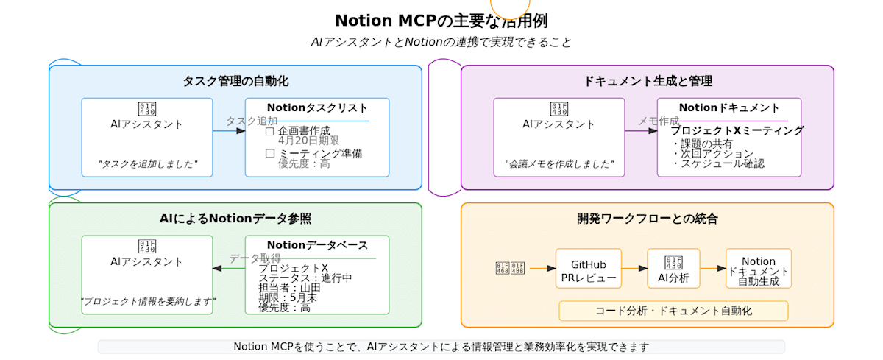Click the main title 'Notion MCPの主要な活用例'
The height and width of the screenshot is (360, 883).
coord(441,21)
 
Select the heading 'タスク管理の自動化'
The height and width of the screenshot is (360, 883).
coord(235,81)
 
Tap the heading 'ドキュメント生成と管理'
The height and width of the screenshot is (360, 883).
coord(648,81)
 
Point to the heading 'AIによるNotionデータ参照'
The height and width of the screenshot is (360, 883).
coord(235,219)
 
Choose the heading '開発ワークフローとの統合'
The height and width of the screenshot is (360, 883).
coord(648,219)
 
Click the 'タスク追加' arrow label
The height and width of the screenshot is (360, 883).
coord(252,121)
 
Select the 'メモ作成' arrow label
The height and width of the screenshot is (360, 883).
coord(659,121)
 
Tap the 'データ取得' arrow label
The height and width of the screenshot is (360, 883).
coord(255,258)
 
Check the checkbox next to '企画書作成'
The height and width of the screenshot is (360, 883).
coord(269,131)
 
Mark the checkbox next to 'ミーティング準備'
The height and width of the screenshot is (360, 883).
coord(269,154)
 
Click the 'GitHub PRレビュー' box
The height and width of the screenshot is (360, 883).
coord(588,269)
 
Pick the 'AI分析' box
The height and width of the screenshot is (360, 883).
coord(673,269)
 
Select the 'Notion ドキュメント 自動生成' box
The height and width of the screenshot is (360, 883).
coord(759,269)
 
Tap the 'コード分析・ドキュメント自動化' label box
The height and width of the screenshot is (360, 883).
coord(673,311)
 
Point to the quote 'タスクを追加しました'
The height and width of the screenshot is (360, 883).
coord(147,164)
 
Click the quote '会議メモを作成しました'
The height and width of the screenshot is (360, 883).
coord(559,164)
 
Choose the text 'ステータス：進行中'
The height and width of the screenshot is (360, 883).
coord(305,278)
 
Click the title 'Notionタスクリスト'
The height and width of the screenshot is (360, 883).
coord(317,107)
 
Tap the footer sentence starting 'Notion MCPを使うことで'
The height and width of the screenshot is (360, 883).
coord(441,347)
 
